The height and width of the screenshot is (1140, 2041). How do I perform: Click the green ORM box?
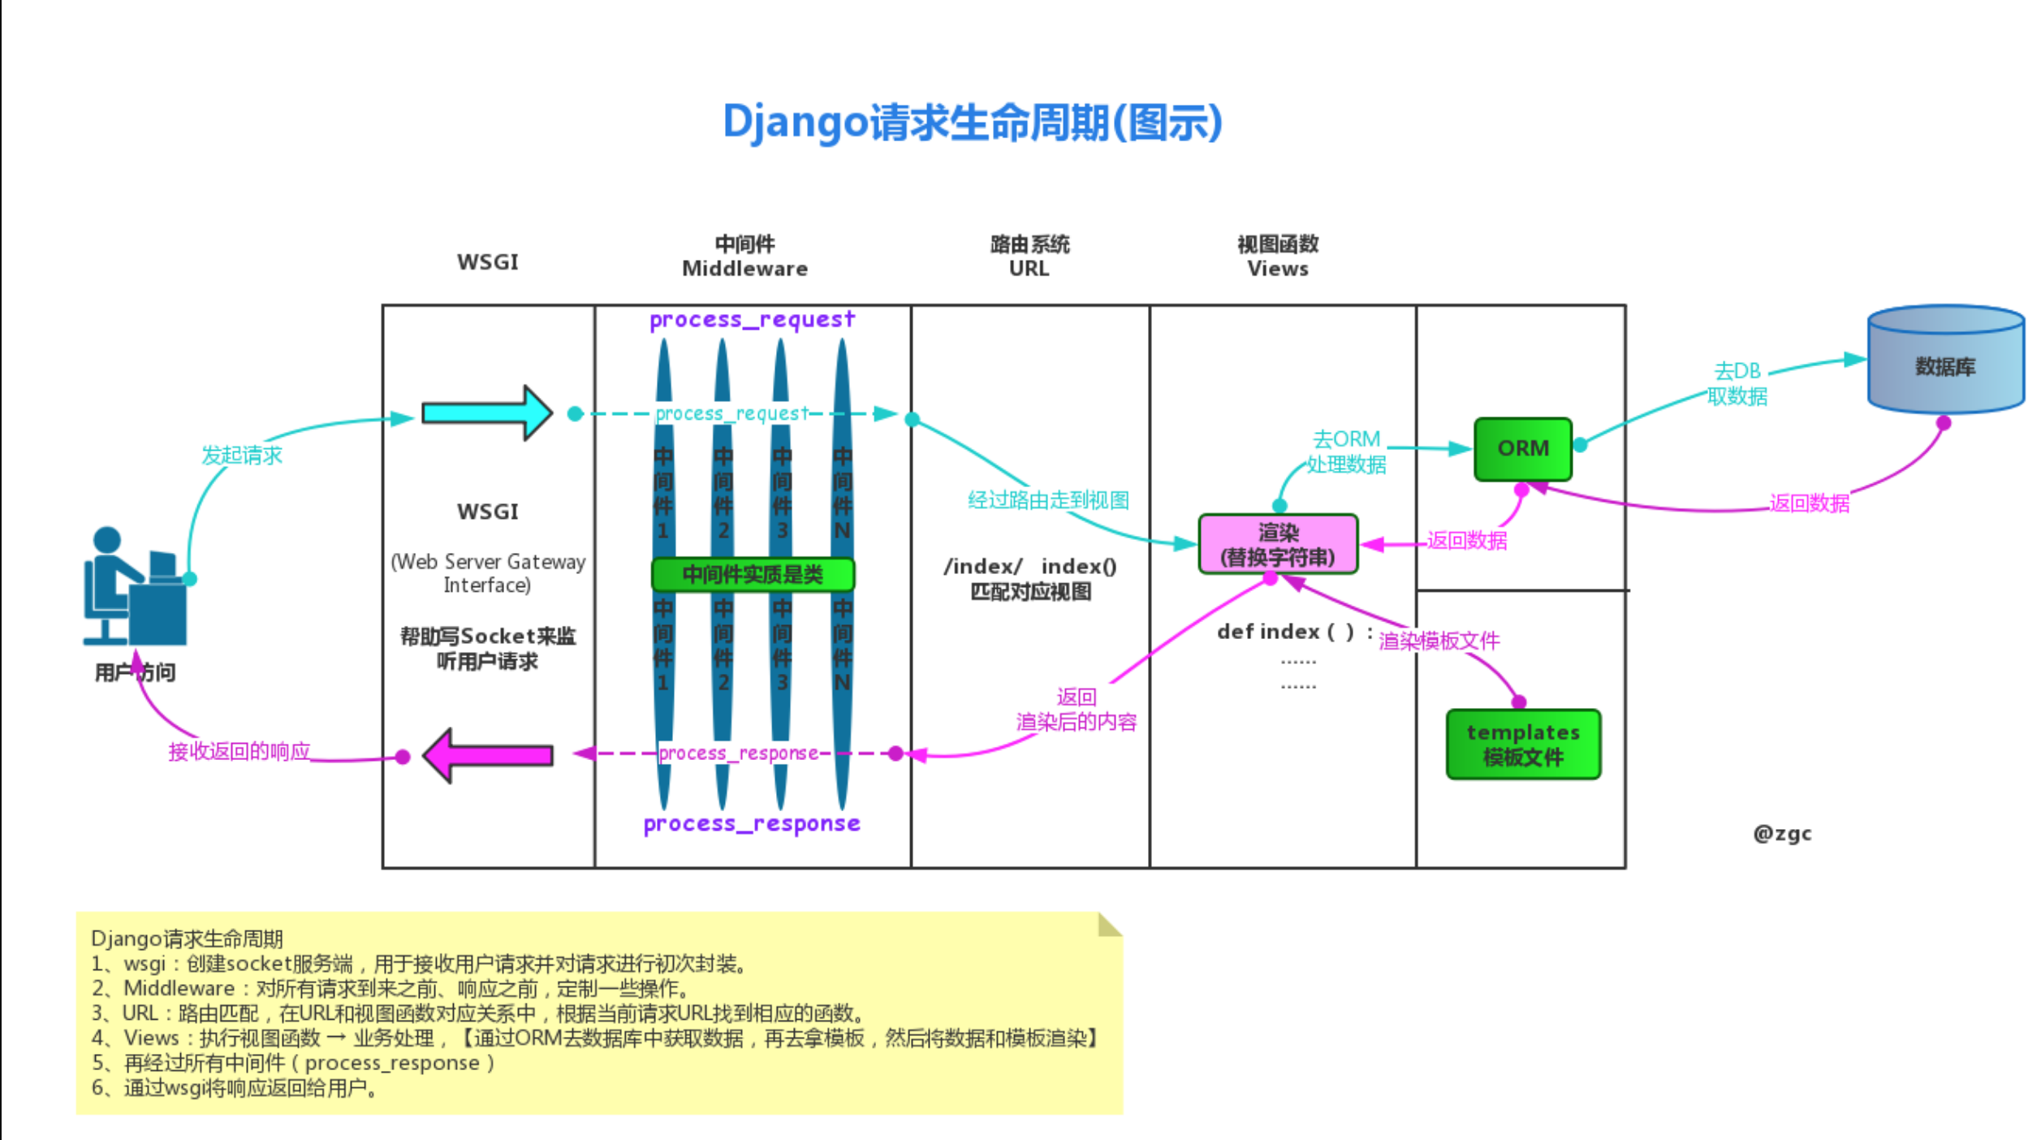(1522, 449)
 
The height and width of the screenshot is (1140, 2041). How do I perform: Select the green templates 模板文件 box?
(1522, 744)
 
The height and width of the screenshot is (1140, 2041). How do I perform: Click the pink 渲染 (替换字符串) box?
(1277, 544)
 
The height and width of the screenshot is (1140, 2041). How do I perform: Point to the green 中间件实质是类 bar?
(752, 574)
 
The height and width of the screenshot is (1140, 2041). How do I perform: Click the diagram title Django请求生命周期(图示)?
(972, 123)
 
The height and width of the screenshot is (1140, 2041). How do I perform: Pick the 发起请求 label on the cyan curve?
(241, 455)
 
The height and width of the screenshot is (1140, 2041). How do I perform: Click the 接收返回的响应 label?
(239, 751)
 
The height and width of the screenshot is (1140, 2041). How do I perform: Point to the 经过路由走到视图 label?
(1047, 499)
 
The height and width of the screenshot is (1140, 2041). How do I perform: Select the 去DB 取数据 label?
(1737, 383)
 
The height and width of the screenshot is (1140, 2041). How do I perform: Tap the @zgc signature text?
(1781, 833)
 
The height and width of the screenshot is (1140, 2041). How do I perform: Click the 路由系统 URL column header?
(1029, 256)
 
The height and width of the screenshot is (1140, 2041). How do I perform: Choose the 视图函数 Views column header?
(1277, 256)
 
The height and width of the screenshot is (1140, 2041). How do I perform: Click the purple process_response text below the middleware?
(751, 823)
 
